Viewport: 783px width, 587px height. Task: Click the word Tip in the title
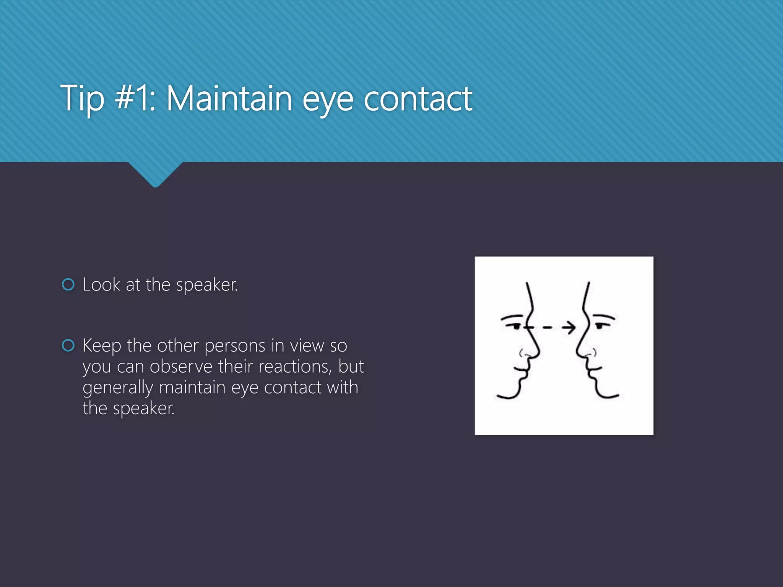(x=82, y=99)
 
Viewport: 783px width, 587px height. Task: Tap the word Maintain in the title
(x=229, y=99)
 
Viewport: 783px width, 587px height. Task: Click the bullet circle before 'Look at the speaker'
(x=68, y=284)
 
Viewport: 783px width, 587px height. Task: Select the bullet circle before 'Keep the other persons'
(x=68, y=345)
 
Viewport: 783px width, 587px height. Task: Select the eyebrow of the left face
(x=512, y=317)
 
